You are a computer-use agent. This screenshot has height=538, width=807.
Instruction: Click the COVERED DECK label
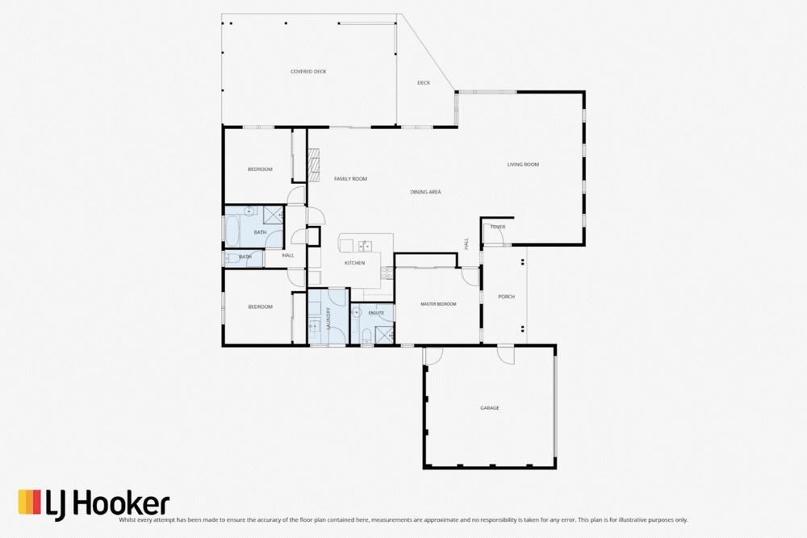coord(308,72)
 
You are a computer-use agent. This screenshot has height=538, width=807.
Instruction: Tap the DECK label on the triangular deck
coord(424,83)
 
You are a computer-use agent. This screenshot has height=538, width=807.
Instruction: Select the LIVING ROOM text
coord(523,165)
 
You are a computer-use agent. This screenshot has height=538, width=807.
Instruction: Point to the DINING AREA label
coord(425,192)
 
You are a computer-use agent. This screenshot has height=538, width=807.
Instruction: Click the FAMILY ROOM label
coord(350,179)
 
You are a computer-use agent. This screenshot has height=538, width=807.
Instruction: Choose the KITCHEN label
coord(354,263)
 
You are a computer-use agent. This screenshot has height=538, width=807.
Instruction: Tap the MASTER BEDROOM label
coord(438,304)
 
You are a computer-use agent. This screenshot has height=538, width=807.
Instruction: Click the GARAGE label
coord(490,408)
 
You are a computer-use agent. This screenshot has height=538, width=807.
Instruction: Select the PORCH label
coord(506,297)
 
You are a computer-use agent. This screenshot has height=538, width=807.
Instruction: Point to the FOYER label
coord(498,227)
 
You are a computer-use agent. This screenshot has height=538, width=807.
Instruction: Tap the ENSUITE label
coord(376,312)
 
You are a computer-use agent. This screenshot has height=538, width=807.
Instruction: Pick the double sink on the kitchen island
coord(365,245)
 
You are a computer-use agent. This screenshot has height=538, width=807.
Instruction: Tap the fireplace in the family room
coord(313,165)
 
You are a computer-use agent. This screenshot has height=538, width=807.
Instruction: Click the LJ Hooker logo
coord(94,503)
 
